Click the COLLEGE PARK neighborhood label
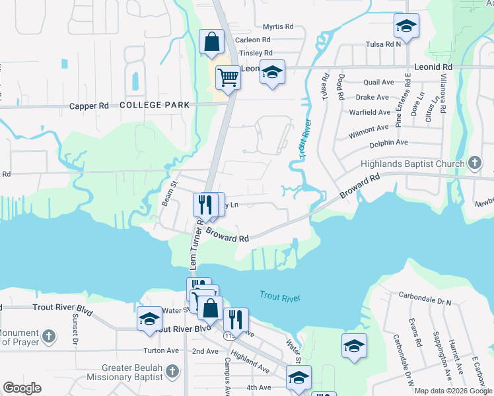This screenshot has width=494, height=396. pyautogui.click(x=155, y=105)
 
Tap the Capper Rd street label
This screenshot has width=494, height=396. pyautogui.click(x=88, y=106)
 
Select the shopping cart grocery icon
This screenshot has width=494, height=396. pyautogui.click(x=228, y=77)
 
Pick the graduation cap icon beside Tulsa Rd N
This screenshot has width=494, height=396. pyautogui.click(x=406, y=26)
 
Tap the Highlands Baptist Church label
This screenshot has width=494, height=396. pyautogui.click(x=413, y=164)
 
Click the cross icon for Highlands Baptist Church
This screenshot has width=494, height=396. pyautogui.click(x=474, y=163)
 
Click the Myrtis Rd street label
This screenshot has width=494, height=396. pyautogui.click(x=277, y=26)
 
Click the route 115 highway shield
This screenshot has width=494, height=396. pyautogui.click(x=229, y=336)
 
